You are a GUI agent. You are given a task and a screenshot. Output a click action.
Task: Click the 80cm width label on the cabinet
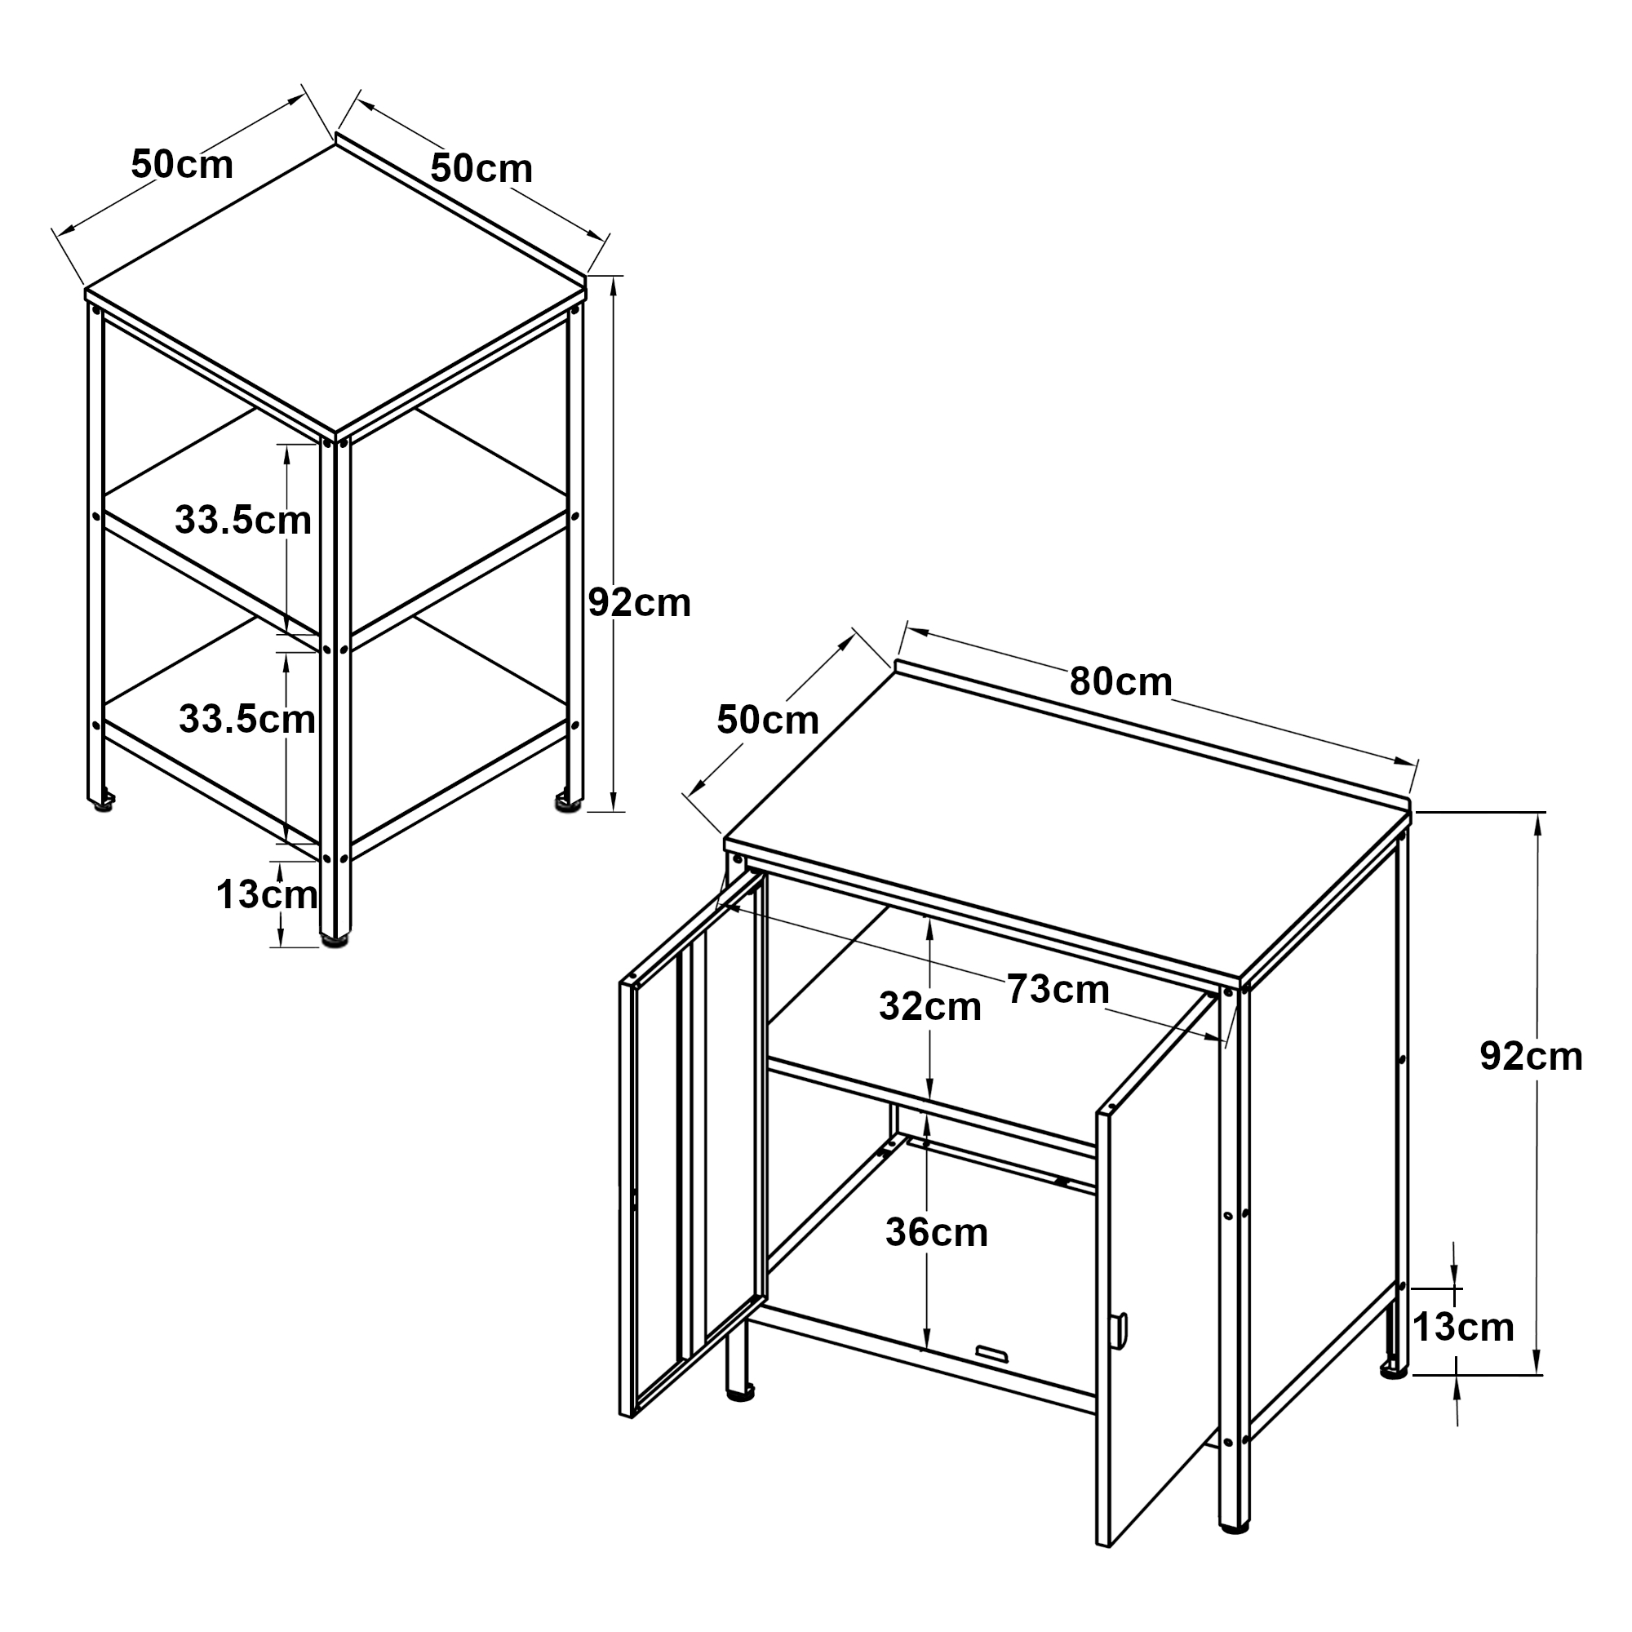click(1120, 682)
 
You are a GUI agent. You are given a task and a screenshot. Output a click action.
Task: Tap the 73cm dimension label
click(1058, 989)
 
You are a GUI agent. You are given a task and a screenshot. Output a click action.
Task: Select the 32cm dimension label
click(930, 1007)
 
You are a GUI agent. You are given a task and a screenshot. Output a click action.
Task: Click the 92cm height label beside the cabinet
click(1531, 1057)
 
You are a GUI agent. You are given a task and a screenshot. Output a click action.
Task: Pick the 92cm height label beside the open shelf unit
click(640, 603)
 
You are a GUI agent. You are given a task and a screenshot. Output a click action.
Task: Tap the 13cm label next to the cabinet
click(1463, 1327)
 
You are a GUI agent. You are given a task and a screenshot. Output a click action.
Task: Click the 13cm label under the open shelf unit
click(267, 894)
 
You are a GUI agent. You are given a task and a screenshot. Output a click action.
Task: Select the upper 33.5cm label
click(243, 521)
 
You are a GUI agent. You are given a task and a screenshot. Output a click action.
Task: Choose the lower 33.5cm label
click(247, 720)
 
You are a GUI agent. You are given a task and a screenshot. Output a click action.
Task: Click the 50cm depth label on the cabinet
click(768, 721)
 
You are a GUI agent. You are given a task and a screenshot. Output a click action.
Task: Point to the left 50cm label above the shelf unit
click(182, 165)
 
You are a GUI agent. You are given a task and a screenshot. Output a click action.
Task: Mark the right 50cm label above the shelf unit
click(481, 169)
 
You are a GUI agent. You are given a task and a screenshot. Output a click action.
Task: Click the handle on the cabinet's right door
click(1120, 1330)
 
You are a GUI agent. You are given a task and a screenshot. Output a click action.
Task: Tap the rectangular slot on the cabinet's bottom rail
click(992, 1353)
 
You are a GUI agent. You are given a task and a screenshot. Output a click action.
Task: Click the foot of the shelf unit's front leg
click(335, 938)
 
